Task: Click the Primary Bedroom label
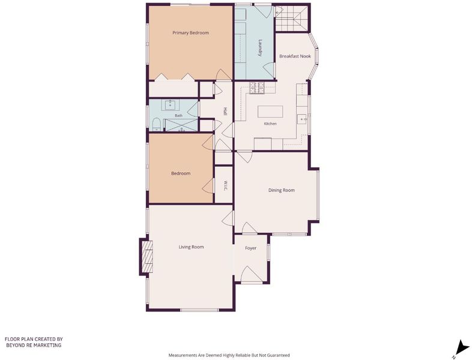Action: [190, 33]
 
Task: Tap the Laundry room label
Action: [261, 48]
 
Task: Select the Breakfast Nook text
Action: [295, 56]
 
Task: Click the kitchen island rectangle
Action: [270, 112]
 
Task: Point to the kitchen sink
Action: [302, 119]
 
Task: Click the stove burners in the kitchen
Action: [257, 88]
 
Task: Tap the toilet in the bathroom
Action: [156, 125]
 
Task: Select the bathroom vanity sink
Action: [170, 105]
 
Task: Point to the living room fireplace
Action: [147, 257]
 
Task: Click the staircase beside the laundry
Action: [292, 18]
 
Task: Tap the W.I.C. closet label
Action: [225, 185]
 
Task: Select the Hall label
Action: [225, 112]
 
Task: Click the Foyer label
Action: [251, 248]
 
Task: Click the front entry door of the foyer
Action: [249, 274]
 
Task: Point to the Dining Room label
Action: [282, 190]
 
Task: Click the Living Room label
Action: [191, 247]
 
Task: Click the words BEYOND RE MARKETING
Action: [34, 345]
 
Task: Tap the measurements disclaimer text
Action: [229, 355]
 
